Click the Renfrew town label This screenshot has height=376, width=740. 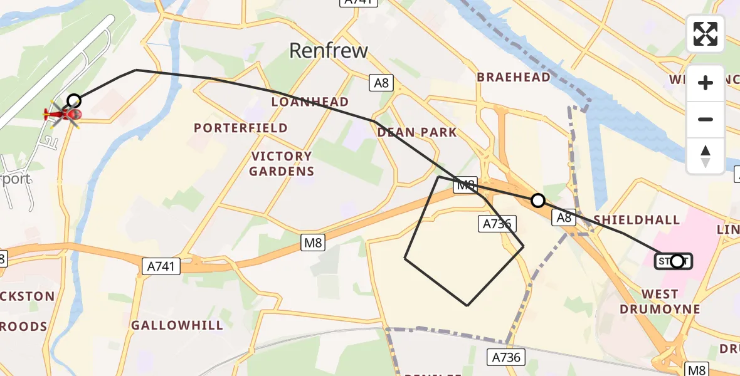pyautogui.click(x=328, y=51)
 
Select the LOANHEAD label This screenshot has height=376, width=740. pyautogui.click(x=310, y=102)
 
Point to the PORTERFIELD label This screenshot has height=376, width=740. pyautogui.click(x=240, y=128)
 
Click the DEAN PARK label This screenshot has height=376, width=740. pyautogui.click(x=416, y=132)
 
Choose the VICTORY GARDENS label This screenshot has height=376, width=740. pyautogui.click(x=282, y=164)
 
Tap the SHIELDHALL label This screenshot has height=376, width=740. pyautogui.click(x=636, y=219)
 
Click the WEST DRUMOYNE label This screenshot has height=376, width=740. pyautogui.click(x=660, y=301)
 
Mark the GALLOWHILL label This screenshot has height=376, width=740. pyautogui.click(x=177, y=325)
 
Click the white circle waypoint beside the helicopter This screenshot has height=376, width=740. pyautogui.click(x=74, y=100)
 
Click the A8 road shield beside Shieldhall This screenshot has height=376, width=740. pyautogui.click(x=563, y=217)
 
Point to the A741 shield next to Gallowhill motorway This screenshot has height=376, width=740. pyautogui.click(x=159, y=267)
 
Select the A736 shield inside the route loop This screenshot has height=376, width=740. pyautogui.click(x=497, y=224)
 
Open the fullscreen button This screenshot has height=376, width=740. pyautogui.click(x=706, y=34)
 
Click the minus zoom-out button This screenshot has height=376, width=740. pyautogui.click(x=706, y=119)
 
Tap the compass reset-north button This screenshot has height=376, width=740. pyautogui.click(x=706, y=156)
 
